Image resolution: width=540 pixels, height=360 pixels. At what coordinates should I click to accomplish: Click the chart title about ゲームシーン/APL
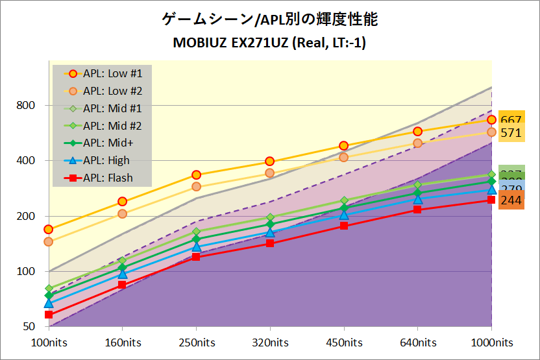[270, 20]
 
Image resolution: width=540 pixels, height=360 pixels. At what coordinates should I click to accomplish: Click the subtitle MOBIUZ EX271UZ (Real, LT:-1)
[270, 43]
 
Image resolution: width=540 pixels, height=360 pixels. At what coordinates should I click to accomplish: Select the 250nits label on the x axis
[196, 342]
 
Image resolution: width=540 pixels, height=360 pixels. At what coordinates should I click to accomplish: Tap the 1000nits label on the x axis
[491, 342]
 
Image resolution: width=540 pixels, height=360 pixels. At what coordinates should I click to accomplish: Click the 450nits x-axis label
[344, 342]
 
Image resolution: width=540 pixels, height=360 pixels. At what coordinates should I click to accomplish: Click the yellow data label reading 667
[511, 120]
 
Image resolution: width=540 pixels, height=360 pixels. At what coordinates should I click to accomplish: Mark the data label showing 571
[511, 133]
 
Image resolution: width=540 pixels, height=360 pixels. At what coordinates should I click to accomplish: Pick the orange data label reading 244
[511, 200]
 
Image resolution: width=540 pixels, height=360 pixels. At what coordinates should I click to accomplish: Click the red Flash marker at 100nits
[48, 315]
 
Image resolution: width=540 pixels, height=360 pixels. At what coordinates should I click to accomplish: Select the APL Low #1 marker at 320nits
[270, 162]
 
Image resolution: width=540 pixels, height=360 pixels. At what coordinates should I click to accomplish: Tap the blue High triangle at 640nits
[418, 198]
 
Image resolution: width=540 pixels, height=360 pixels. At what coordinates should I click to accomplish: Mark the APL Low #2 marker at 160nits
[122, 214]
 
